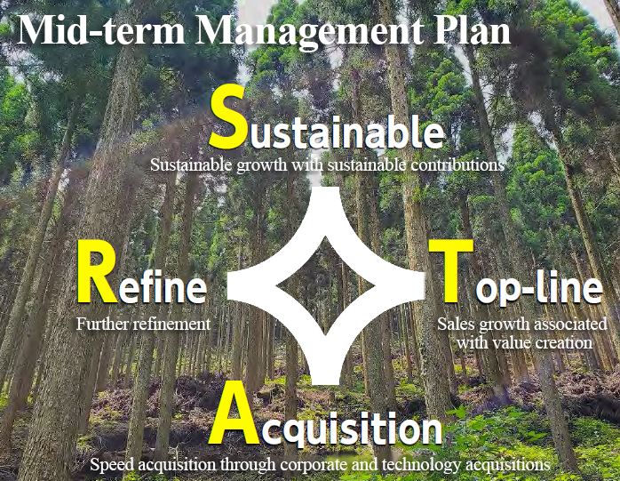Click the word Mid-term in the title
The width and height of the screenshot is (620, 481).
pos(101,30)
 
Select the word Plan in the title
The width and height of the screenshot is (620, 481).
pos(473,30)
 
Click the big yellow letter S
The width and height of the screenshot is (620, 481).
pos(227,116)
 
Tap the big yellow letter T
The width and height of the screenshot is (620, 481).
pos(450,271)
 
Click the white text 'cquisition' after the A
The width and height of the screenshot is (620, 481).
pos(351,429)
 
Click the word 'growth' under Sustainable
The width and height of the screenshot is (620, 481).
pos(262,165)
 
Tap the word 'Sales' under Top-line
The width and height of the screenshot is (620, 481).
pos(457,324)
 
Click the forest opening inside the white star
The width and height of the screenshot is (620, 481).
pos(325,285)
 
